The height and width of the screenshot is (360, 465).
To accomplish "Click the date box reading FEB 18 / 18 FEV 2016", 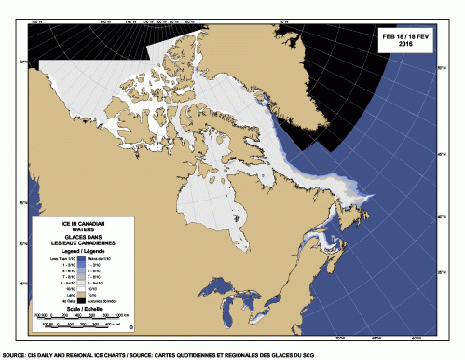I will click(404, 38).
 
